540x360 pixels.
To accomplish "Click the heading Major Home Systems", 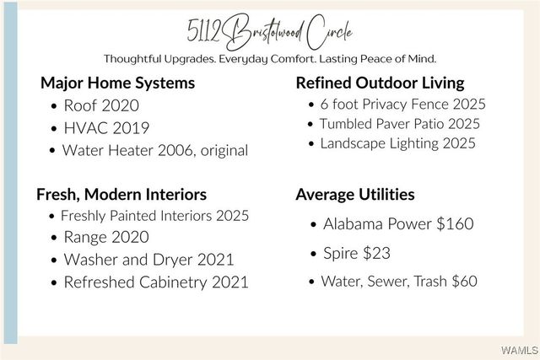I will tap(117, 83).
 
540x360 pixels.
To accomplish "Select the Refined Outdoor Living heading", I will tap(380, 83).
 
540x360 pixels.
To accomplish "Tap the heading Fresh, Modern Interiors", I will tap(121, 194).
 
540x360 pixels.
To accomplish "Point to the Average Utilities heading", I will tap(354, 194).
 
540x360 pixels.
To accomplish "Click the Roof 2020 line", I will tap(100, 106).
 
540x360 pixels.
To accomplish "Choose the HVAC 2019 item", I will tap(106, 128).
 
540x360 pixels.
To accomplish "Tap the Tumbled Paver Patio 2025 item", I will tap(399, 124).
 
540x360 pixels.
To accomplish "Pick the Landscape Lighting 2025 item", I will tap(397, 143).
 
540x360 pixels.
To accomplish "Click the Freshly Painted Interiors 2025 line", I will tap(154, 216).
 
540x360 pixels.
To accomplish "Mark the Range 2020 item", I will tap(106, 238).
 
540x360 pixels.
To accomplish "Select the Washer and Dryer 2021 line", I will tap(148, 260).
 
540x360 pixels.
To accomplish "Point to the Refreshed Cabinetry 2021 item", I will tap(156, 282).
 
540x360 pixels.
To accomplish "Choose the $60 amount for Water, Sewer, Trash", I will tap(464, 282).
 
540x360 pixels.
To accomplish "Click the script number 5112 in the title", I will tap(205, 31).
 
